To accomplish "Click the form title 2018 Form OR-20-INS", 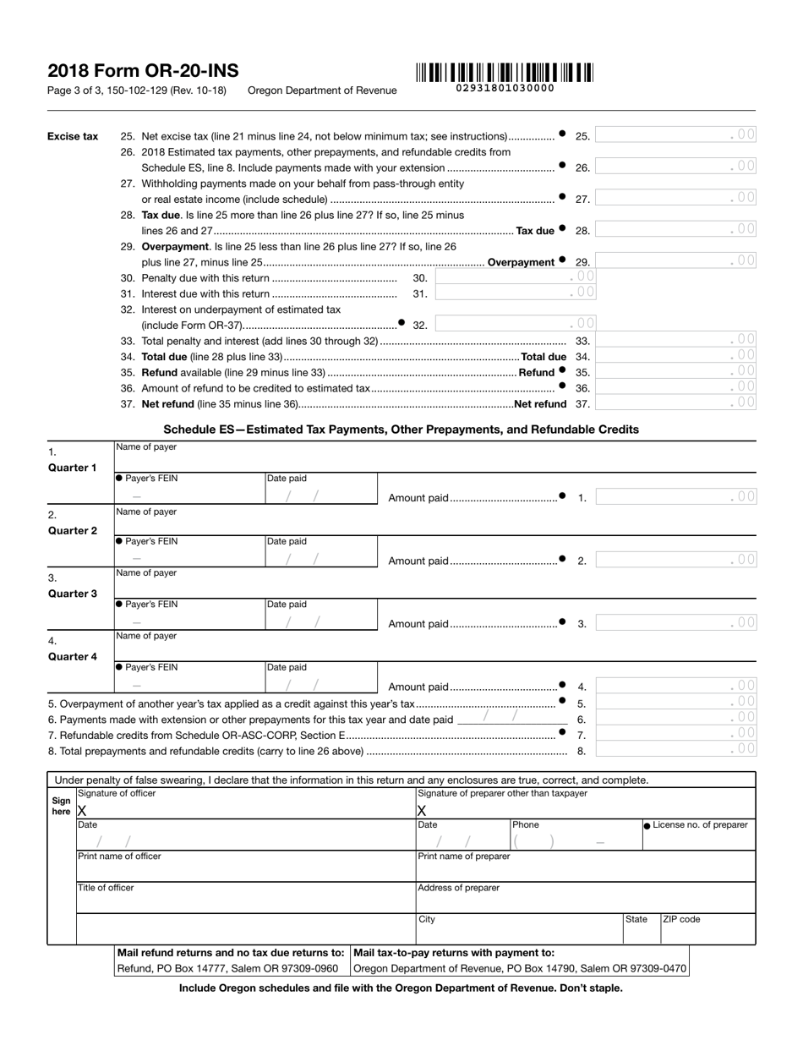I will pos(143,71).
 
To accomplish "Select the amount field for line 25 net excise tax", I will pos(676,135).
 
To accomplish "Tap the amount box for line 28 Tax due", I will pos(676,230).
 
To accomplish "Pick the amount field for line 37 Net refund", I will pos(676,404).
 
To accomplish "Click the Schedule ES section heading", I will pos(401,430).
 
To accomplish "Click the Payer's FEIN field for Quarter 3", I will pos(188,623).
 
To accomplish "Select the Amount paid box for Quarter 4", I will pos(676,687).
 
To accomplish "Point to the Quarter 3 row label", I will pos(72,594).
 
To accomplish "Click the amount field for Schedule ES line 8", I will pos(676,750).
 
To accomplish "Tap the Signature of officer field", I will pos(245,810).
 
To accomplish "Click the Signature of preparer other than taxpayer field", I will pos(585,810).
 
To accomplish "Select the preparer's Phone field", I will pos(575,841).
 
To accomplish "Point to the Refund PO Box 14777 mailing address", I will pos(227,968).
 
